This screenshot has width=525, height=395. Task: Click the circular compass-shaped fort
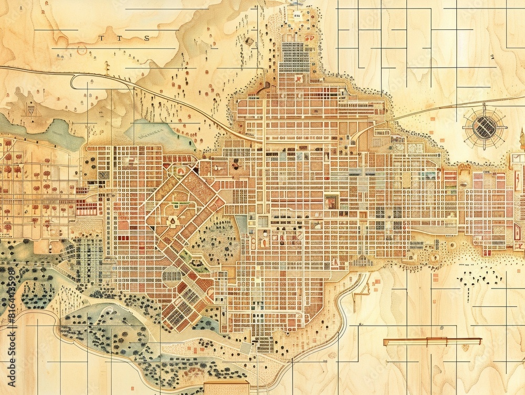click(485, 127)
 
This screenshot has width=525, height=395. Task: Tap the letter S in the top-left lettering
click(147, 38)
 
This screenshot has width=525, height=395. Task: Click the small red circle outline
click(82, 50)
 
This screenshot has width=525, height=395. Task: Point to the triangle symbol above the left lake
click(31, 111)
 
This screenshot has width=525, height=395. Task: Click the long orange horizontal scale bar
click(432, 341)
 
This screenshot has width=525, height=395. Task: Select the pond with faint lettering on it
click(152, 134)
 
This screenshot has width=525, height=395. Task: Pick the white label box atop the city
click(297, 16)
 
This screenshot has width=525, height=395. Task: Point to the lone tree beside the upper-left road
click(107, 66)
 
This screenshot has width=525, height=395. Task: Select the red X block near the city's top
click(299, 79)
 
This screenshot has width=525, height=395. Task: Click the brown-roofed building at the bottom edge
click(227, 388)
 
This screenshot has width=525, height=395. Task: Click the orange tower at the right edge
click(522, 139)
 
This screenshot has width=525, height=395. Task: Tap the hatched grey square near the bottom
click(246, 348)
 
